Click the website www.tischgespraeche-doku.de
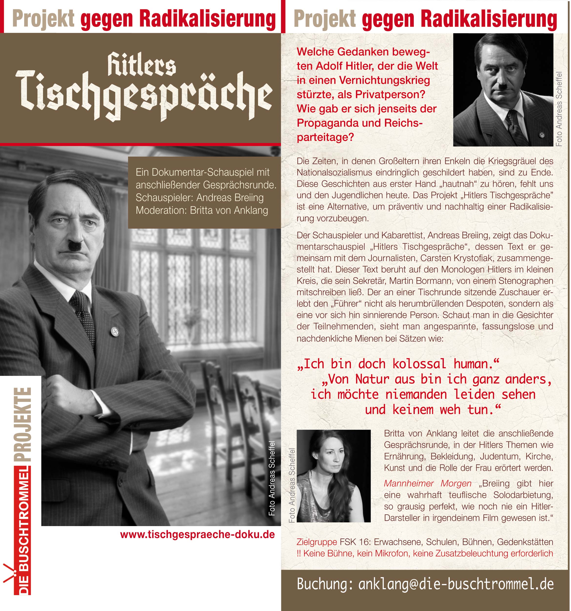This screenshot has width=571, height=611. coord(197,534)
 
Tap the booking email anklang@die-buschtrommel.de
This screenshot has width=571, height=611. coord(456,584)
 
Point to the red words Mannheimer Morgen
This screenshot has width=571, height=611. coord(427,483)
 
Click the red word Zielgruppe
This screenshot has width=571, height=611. coord(317,542)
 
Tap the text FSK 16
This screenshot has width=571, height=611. coord(355,542)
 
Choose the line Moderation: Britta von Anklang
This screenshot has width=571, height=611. coord(202,210)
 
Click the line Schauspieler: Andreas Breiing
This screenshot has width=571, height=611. coord(199,197)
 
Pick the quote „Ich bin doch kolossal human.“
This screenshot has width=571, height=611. coord(397,364)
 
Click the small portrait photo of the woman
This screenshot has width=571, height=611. coord(334,476)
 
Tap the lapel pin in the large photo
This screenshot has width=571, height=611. coord(115,331)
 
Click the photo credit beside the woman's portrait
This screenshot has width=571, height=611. coord(291,486)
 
